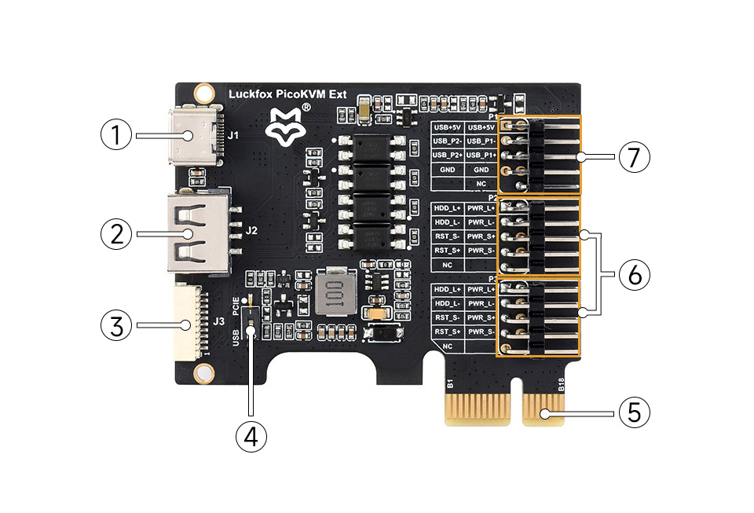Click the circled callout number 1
[x=116, y=135]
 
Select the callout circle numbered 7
[x=634, y=157]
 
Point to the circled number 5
[x=634, y=412]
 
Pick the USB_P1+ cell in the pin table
[x=481, y=155]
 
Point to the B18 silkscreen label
[x=561, y=384]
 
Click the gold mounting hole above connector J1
[x=204, y=92]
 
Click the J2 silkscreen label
[x=252, y=231]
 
